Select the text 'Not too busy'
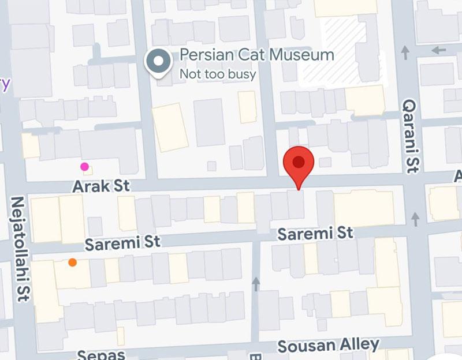click(x=218, y=74)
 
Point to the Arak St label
click(x=101, y=186)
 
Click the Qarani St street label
click(x=411, y=135)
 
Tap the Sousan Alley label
click(x=329, y=346)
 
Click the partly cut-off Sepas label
click(x=101, y=354)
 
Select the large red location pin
click(x=299, y=163)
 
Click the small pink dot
click(x=85, y=167)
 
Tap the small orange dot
click(x=72, y=262)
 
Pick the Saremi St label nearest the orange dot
click(x=122, y=242)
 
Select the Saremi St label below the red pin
click(x=315, y=234)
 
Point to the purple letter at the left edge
click(x=5, y=84)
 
